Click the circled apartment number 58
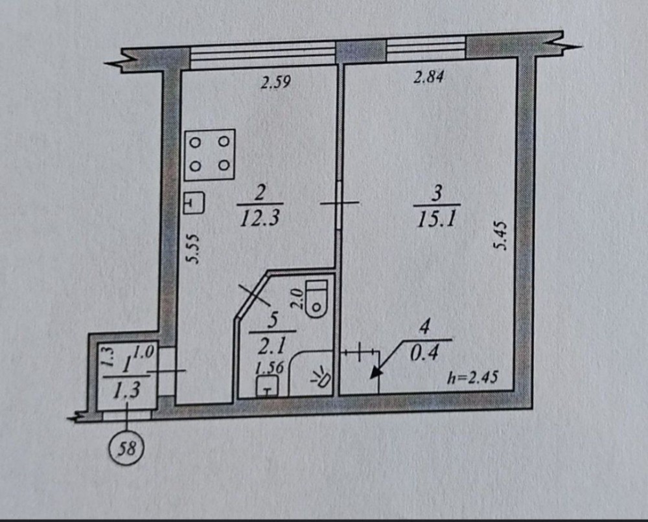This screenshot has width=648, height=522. coord(128,446)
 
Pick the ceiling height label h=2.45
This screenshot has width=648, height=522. coord(472,378)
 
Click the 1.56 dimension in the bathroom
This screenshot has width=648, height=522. coord(270,368)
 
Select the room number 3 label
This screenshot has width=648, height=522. coord(437,194)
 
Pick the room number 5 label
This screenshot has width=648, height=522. coord(273,320)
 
